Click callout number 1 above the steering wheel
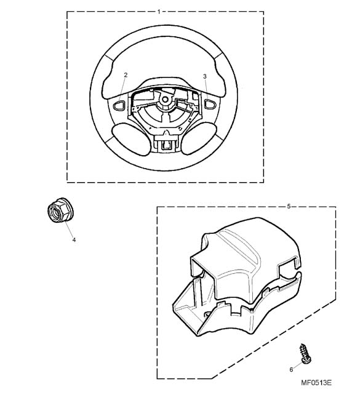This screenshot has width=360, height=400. pos(159,12)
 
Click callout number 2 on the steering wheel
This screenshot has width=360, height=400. pos(126,74)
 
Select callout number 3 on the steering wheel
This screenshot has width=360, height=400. pos(205,76)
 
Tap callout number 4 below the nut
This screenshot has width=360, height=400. pos(74,240)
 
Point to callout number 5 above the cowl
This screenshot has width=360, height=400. pos(289,206)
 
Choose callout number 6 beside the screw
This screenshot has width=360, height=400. pos(291,370)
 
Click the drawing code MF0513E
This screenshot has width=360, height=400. pos(316,383)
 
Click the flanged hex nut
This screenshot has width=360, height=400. pos(60,210)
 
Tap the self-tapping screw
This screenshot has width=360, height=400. pos(305,353)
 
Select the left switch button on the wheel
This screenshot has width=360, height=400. pos(119,105)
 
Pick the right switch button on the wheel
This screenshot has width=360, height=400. pos(210,104)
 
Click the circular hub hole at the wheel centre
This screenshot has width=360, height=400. pos(165,99)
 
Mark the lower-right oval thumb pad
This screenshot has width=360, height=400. pos(199,138)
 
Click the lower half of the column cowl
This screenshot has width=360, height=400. pos(230,311)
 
